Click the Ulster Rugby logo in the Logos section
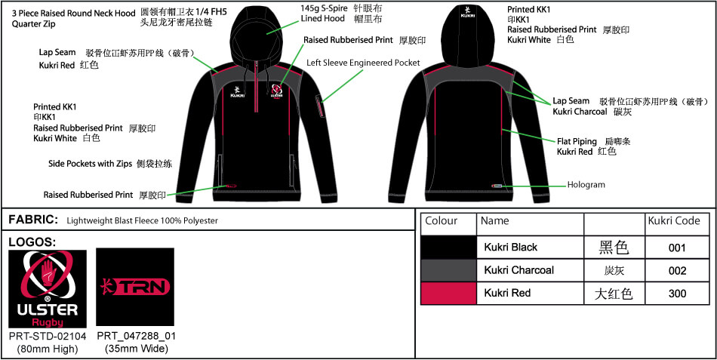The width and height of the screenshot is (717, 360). click(x=48, y=288)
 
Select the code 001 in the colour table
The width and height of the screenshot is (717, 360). click(x=677, y=248)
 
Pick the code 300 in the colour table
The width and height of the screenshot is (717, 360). click(x=677, y=294)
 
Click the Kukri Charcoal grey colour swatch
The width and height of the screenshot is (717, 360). click(x=448, y=270)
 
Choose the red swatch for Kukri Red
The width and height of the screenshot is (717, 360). click(x=448, y=293)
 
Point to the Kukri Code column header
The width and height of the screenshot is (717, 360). click(x=674, y=221)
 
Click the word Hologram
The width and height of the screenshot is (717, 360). click(x=586, y=185)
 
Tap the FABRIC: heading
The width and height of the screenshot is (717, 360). click(x=33, y=220)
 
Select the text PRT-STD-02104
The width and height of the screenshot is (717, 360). click(x=48, y=336)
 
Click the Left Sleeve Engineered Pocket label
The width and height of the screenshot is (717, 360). click(x=363, y=63)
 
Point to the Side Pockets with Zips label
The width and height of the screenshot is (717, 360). click(x=91, y=163)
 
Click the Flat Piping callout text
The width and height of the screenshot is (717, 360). click(x=577, y=141)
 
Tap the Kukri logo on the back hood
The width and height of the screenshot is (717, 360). click(x=465, y=17)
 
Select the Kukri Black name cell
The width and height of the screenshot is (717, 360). click(x=510, y=248)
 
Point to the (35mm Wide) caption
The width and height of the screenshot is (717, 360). click(x=137, y=349)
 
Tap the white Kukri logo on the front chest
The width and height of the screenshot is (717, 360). click(x=237, y=91)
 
